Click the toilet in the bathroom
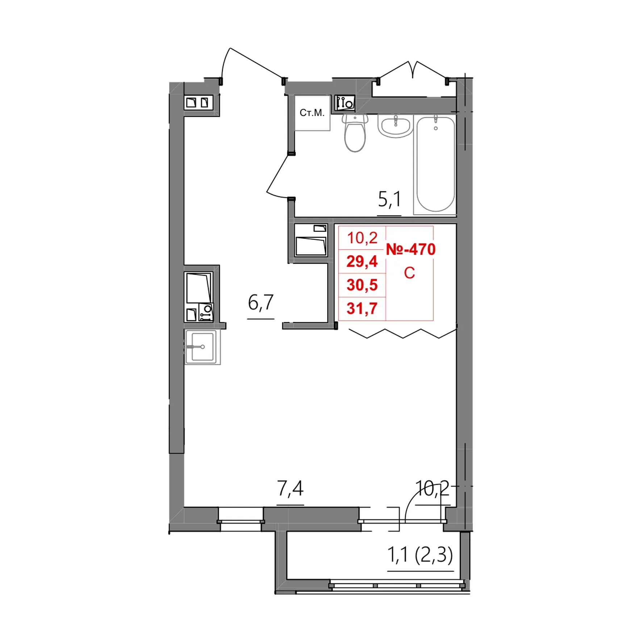pos(355,133)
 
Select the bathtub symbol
pos(435,164)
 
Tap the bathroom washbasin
pos(396,126)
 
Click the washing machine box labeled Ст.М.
pos(312,113)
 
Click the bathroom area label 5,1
pos(389,199)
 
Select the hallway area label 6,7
pos(260,303)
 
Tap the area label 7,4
pos(290,488)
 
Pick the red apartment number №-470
pos(410,249)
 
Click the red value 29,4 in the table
pos(362,261)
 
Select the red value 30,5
pos(362,285)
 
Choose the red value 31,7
pos(362,308)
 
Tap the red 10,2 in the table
pos(362,238)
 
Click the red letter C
pos(409,273)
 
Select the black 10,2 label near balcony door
pos(432,488)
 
